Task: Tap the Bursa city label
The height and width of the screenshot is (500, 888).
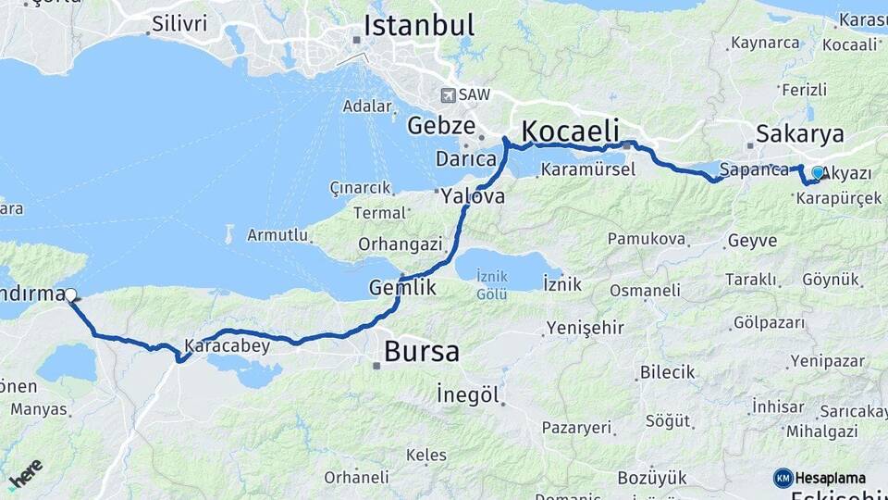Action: [421, 352]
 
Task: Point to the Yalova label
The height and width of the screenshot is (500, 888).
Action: [473, 196]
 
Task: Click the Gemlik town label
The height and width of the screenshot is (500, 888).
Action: [402, 287]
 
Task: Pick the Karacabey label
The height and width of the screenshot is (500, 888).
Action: [227, 347]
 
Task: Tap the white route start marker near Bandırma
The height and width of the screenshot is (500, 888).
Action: [70, 295]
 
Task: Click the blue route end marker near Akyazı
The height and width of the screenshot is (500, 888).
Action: [818, 172]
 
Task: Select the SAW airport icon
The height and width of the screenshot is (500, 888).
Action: [449, 94]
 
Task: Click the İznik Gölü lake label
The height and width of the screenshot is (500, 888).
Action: [491, 285]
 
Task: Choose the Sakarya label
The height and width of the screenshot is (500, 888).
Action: [800, 134]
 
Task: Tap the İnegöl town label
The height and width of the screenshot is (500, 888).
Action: [467, 395]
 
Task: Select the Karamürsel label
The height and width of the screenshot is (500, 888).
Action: [588, 169]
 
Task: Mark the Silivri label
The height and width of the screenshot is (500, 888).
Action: [179, 24]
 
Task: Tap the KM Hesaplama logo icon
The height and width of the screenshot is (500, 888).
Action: [783, 478]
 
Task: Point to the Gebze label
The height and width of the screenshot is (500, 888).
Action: [441, 126]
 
